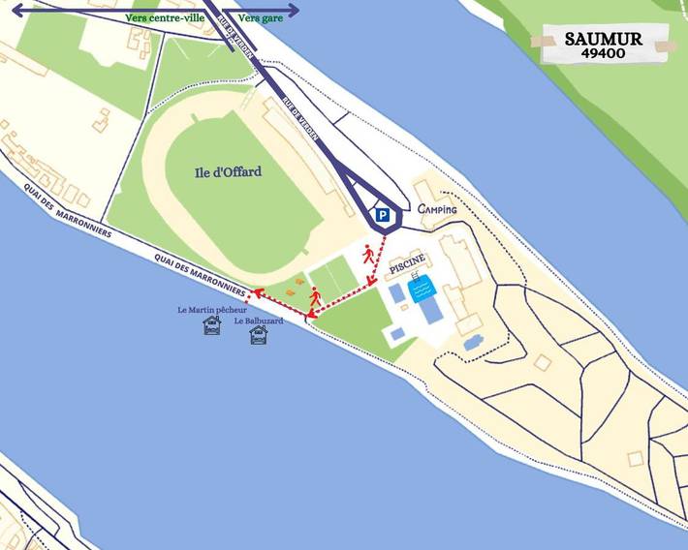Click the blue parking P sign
384,216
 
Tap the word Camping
437,209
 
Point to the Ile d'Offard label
227,172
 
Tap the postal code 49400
603,54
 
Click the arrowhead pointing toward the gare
294,11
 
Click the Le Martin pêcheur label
212,310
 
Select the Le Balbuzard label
258,321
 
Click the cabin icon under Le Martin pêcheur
212,327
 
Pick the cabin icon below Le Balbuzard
259,335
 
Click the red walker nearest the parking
368,255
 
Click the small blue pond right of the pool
473,342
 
